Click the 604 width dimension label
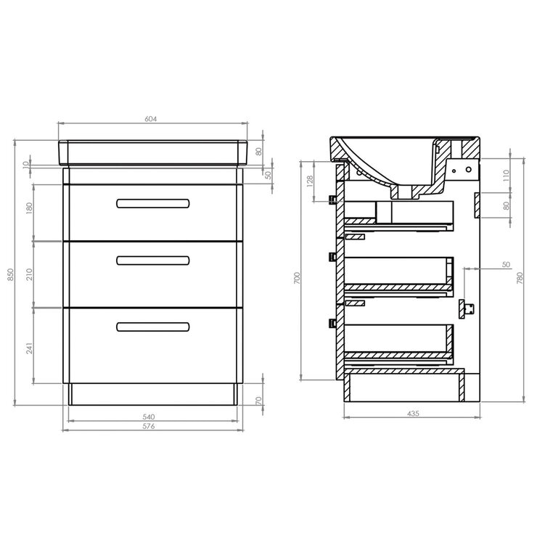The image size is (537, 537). point(152,119)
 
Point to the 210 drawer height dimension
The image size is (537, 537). point(30,275)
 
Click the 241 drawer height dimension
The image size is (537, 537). point(30,347)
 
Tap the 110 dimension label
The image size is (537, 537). point(507,175)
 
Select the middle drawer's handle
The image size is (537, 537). point(153,260)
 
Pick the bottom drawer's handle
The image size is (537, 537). point(153,326)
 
